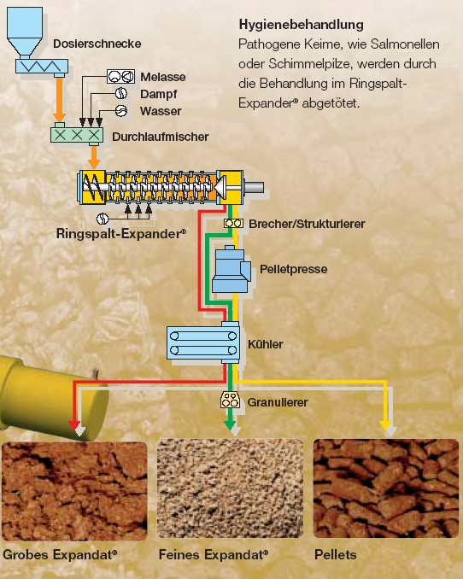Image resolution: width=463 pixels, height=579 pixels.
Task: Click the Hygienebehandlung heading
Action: [x=302, y=25]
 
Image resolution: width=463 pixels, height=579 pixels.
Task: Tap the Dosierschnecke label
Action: [x=97, y=44]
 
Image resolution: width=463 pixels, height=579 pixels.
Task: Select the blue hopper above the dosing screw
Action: [x=25, y=32]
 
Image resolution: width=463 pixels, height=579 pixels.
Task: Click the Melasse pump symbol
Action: [x=120, y=77]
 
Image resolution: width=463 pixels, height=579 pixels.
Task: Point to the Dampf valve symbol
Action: [x=120, y=93]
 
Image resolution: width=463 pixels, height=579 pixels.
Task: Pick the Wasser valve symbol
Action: [x=121, y=110]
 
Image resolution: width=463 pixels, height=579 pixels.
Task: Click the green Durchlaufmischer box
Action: [x=77, y=135]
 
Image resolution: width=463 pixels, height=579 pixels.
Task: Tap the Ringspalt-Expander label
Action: [x=121, y=234]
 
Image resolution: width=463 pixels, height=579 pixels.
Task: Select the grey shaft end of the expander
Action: [x=254, y=187]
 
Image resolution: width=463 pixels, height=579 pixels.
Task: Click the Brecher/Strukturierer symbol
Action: [x=233, y=224]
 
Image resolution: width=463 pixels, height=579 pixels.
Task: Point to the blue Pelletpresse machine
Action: [x=231, y=270]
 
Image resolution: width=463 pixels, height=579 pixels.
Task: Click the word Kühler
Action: [x=266, y=344]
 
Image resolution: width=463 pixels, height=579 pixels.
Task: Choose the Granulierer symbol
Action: [x=230, y=400]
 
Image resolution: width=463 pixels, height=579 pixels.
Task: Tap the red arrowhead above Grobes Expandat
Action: [x=74, y=425]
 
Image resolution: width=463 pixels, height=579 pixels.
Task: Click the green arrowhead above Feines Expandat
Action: [x=230, y=425]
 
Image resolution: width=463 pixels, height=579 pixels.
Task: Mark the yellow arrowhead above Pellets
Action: [x=386, y=425]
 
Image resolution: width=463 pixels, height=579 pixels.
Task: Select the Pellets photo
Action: [x=386, y=488]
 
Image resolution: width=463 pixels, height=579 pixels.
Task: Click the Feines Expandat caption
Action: [x=214, y=554]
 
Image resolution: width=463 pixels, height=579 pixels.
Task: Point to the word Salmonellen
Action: [x=405, y=44]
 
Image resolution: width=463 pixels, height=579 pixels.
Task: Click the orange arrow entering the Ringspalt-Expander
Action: [x=94, y=158]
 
